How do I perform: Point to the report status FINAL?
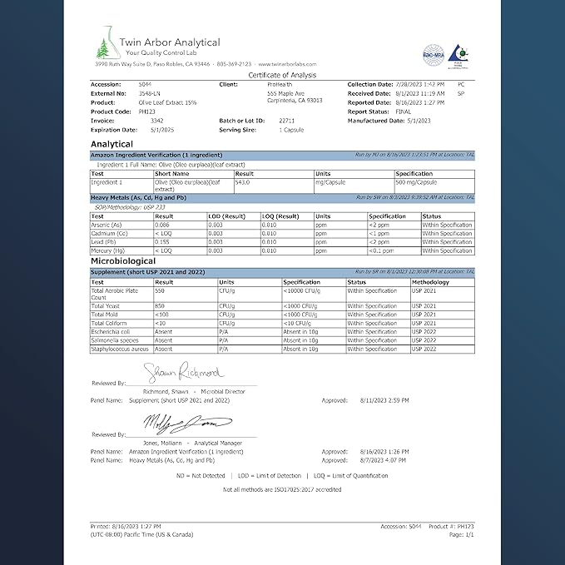pyautogui.click(x=403, y=111)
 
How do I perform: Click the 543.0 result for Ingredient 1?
pyautogui.click(x=243, y=181)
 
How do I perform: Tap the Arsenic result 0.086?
pyautogui.click(x=163, y=225)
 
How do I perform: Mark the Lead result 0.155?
pyautogui.click(x=163, y=241)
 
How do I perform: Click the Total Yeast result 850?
pyautogui.click(x=161, y=306)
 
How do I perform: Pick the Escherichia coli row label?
pyautogui.click(x=109, y=332)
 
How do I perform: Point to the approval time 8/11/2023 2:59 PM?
pyautogui.click(x=386, y=400)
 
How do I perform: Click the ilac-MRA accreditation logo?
pyautogui.click(x=432, y=52)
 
